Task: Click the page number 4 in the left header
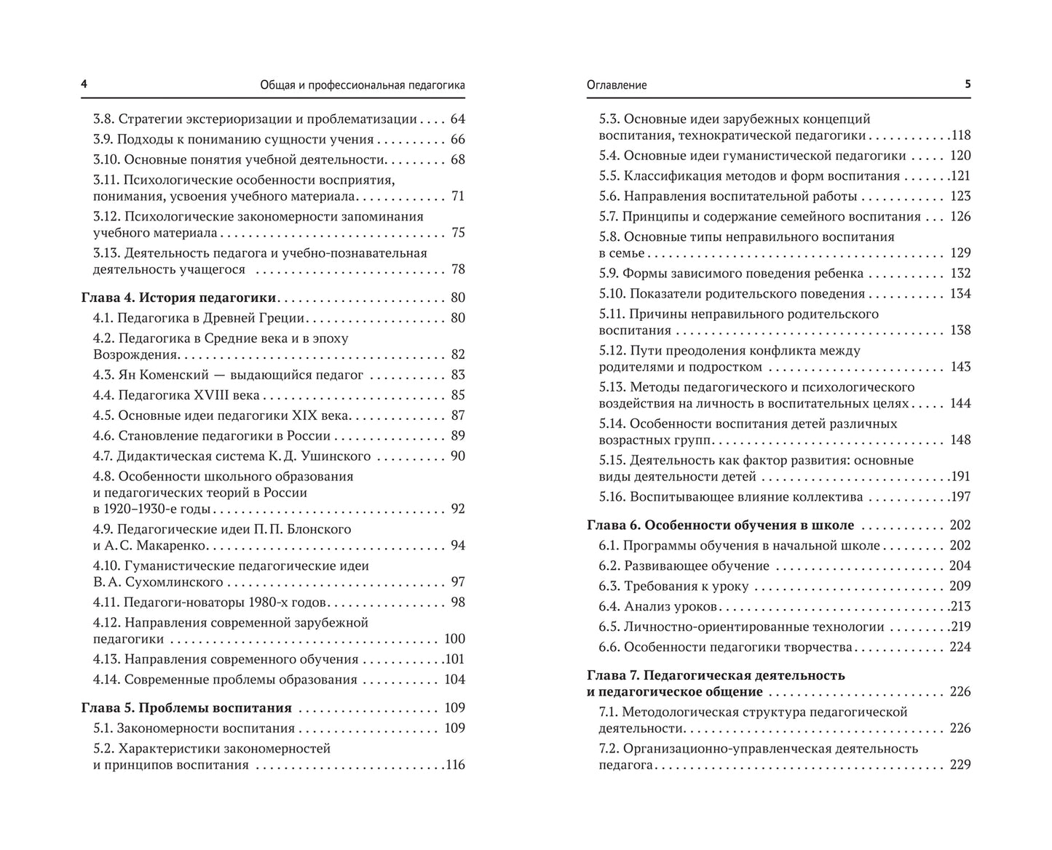pyautogui.click(x=84, y=84)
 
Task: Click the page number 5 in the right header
pyautogui.click(x=968, y=84)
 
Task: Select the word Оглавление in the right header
pyautogui.click(x=617, y=85)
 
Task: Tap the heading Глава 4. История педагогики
pyautogui.click(x=178, y=298)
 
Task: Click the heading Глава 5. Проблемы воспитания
pyautogui.click(x=186, y=708)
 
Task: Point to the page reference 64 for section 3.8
pyautogui.click(x=457, y=119)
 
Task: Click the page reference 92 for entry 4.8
pyautogui.click(x=457, y=509)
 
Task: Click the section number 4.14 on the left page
pyautogui.click(x=106, y=680)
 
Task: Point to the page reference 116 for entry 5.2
pyautogui.click(x=454, y=765)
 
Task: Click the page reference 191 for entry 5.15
pyautogui.click(x=960, y=477)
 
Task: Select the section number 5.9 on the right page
pyautogui.click(x=609, y=274)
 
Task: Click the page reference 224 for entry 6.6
pyautogui.click(x=960, y=647)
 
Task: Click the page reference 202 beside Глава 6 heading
pyautogui.click(x=960, y=525)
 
